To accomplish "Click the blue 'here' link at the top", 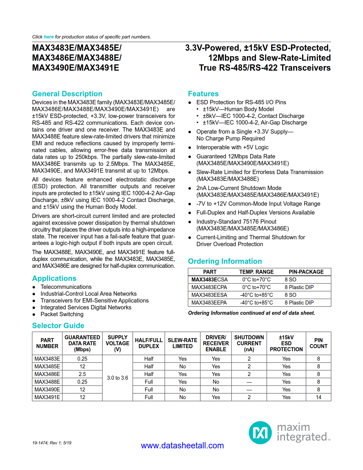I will pos(49,37).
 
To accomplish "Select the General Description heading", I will pos(67,94).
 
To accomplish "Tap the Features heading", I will pos(203,94).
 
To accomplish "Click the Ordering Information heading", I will pos(225,261).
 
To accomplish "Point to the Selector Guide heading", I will pos(58,326).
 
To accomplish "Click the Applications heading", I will pos(54,278).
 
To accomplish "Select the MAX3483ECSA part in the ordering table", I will pos(210,279).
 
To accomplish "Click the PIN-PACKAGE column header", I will pos(306,272).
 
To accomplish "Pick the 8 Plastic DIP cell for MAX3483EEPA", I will pos(299,303).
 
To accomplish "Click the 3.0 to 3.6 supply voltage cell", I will pos(117,378).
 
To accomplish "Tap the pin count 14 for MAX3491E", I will pos(318,397).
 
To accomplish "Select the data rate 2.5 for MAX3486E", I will pos(82,374).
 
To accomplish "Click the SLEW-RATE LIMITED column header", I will pos(182,343).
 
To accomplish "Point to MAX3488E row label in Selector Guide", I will pos(47,382).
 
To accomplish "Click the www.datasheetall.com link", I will pos(182,446).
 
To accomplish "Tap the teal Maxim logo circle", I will pos(260,433).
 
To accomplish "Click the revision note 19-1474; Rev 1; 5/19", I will pos(52,443).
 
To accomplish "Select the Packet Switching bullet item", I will pos(62,314).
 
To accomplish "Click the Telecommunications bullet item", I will pos(66,287).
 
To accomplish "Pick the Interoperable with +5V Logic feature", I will pos(232,147).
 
